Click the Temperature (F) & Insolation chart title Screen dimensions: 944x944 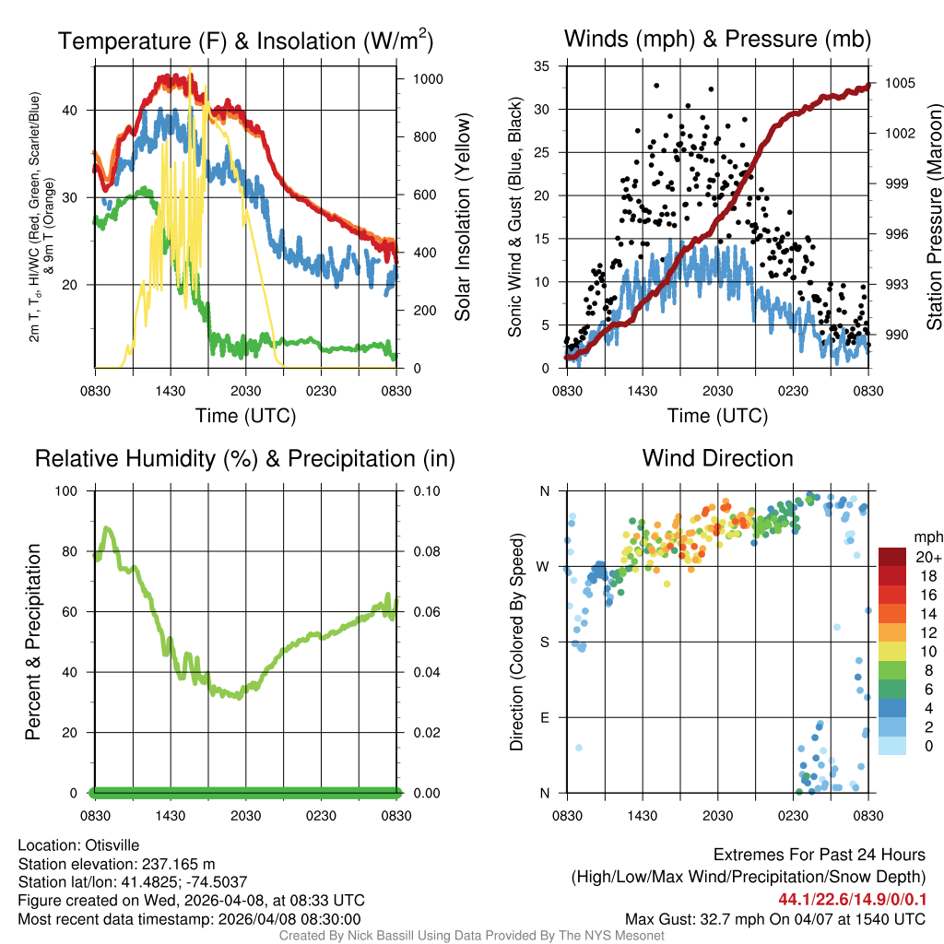click(x=245, y=41)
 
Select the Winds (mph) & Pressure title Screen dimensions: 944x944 click(x=717, y=39)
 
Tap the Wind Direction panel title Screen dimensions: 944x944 click(x=717, y=458)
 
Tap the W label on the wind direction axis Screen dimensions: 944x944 click(x=545, y=567)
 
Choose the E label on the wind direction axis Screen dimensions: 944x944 click(x=545, y=717)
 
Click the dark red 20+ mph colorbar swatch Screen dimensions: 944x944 click(x=892, y=556)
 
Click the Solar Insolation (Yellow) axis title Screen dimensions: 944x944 click(x=462, y=218)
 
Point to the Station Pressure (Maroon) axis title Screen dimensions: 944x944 click(x=933, y=218)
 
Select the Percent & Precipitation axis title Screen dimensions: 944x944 click(x=33, y=642)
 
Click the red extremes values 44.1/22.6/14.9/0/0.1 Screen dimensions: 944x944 click(x=851, y=899)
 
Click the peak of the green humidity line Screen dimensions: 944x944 click(x=108, y=528)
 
